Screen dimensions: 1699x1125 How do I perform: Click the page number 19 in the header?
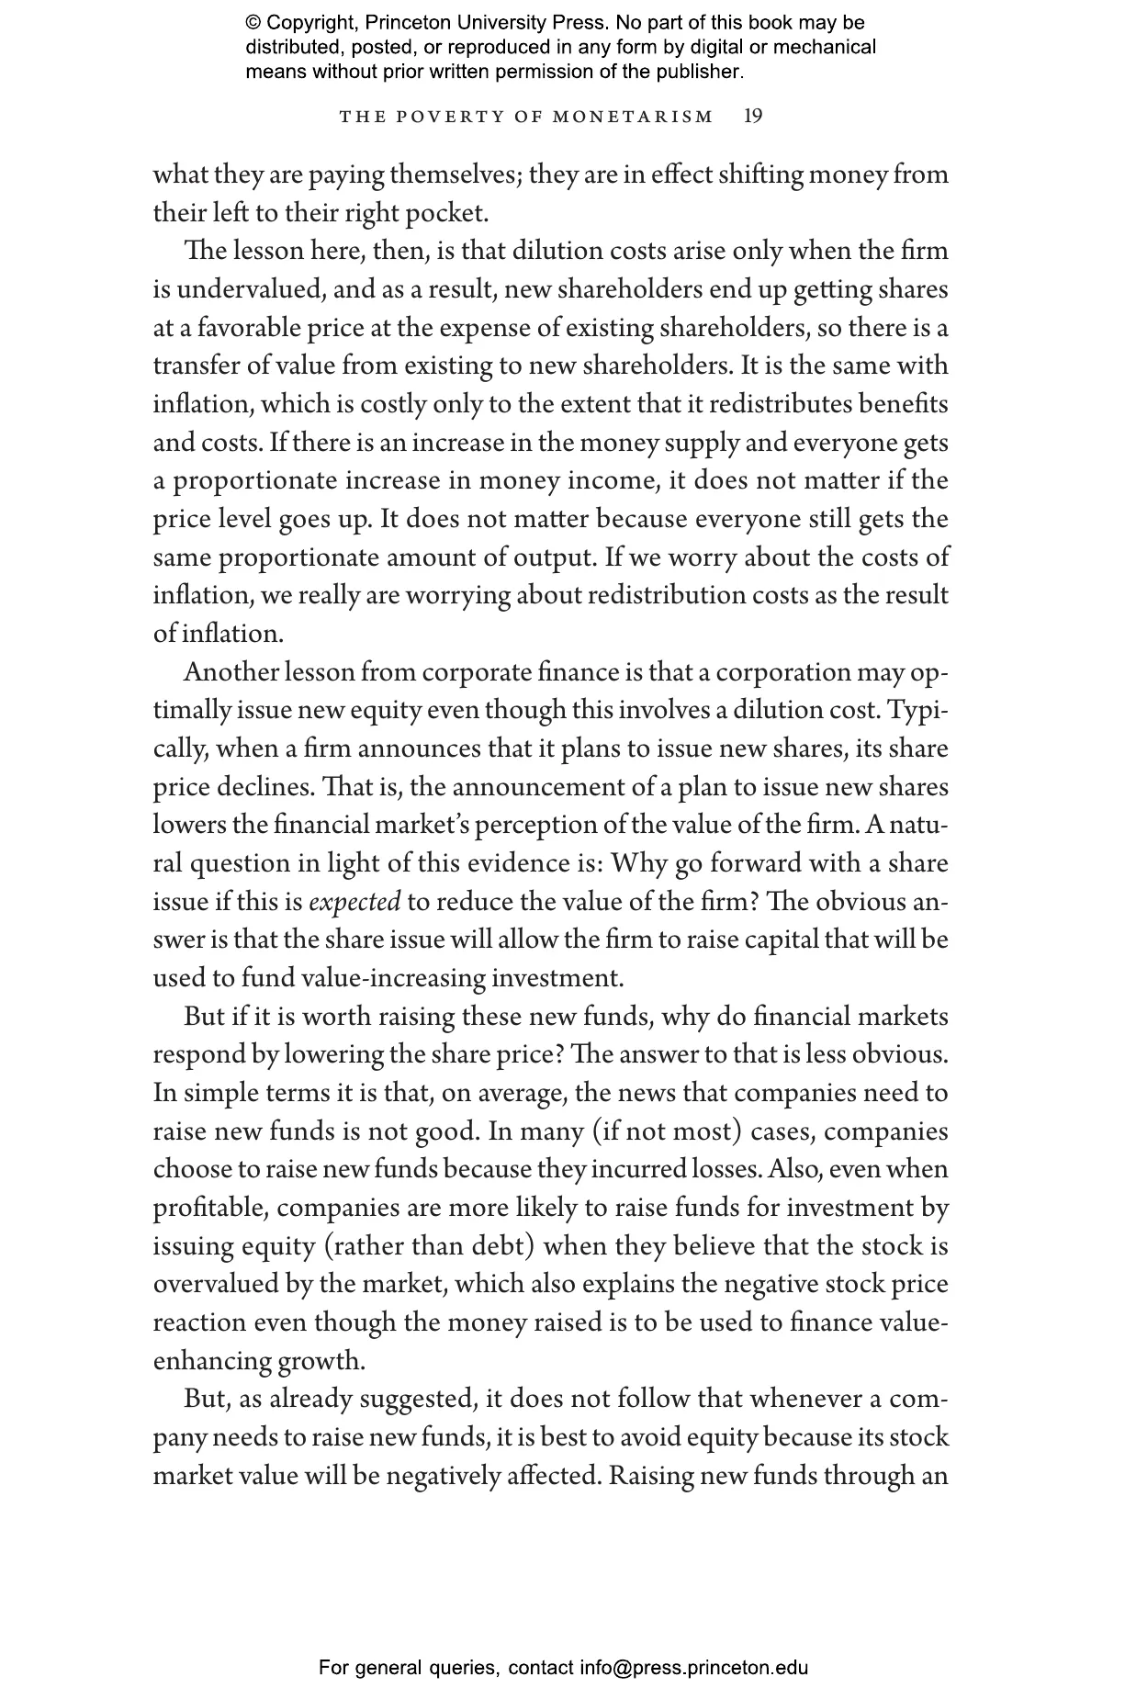[x=753, y=116]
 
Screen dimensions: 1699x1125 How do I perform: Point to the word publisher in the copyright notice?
[x=705, y=71]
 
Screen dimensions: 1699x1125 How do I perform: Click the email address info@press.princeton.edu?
[x=693, y=1667]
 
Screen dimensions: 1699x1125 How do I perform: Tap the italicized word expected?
[x=354, y=902]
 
